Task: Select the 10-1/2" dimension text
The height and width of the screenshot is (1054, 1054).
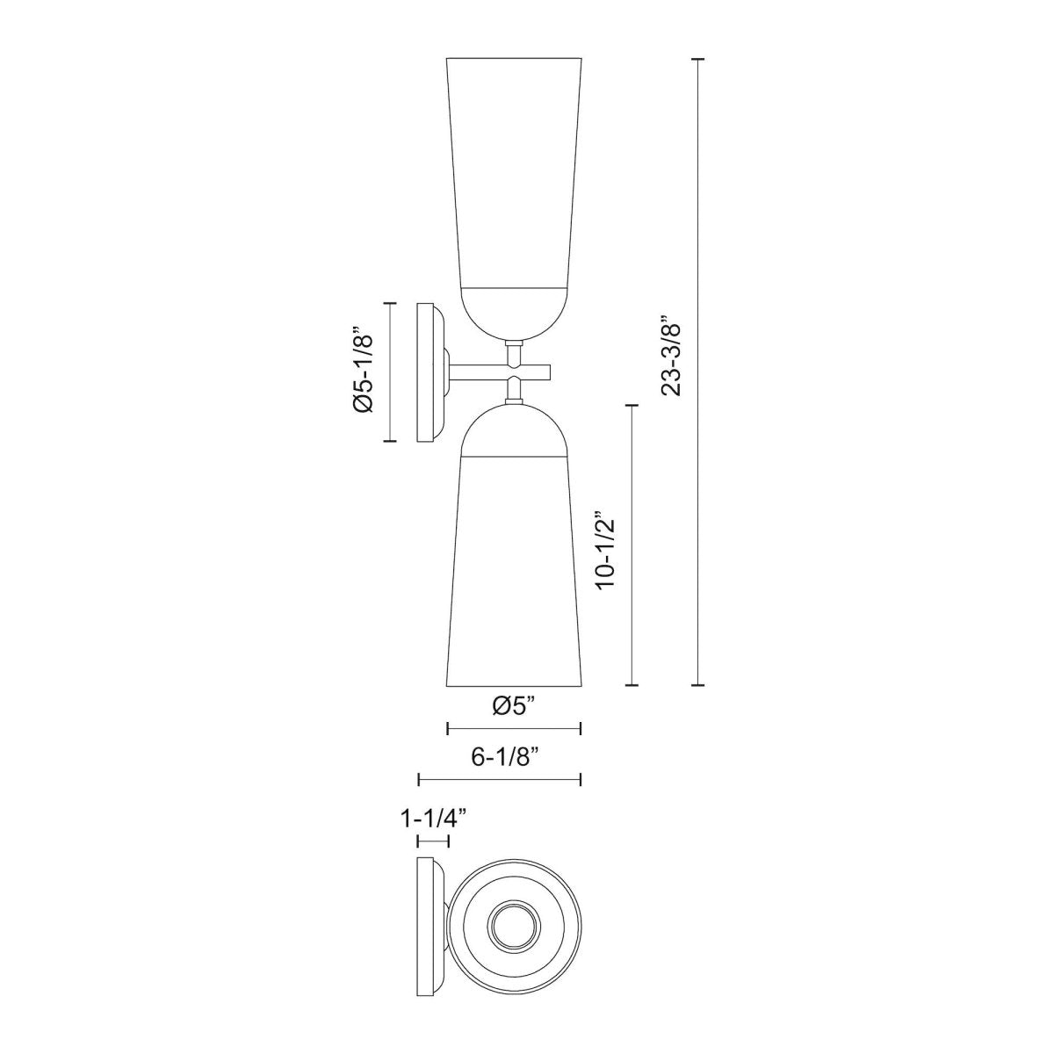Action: coord(606,551)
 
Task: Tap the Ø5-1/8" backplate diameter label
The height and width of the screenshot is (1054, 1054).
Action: coord(364,372)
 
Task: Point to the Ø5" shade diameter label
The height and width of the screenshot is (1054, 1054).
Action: coord(514,705)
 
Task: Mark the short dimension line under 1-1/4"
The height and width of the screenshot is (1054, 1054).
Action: coord(433,842)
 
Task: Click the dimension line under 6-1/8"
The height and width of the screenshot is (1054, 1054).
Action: coord(500,778)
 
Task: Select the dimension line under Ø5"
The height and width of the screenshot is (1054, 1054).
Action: coord(514,728)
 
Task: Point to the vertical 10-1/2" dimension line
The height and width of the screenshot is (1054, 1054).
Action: coord(631,545)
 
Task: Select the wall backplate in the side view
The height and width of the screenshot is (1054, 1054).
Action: coord(428,372)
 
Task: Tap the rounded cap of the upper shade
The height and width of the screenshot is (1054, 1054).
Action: coord(514,312)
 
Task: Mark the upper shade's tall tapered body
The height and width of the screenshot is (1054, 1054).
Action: coord(514,176)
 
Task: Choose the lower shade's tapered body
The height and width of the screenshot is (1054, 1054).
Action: coord(514,571)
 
